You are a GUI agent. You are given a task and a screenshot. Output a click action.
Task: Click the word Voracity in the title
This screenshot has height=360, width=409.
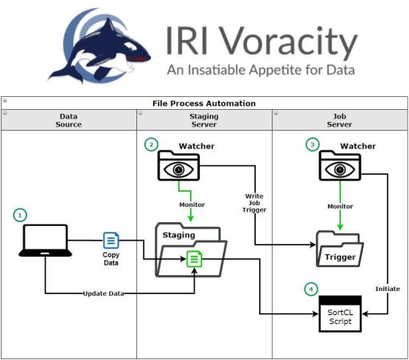290,42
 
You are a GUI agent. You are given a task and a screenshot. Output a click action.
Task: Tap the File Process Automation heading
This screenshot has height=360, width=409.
204,103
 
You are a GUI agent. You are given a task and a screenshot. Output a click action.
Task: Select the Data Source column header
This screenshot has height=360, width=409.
69,120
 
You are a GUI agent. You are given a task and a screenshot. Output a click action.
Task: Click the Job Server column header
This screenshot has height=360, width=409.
339,120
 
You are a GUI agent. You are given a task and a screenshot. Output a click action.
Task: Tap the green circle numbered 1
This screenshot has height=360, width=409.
20,215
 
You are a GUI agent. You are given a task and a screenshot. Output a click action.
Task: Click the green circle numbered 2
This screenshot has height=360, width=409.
152,144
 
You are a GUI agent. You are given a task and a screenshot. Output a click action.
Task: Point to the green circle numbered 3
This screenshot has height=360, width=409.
313,144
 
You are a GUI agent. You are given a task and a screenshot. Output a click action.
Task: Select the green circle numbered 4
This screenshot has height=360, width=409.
311,289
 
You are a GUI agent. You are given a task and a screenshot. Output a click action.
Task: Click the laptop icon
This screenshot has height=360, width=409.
46,241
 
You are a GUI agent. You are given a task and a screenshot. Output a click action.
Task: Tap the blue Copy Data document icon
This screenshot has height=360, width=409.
111,241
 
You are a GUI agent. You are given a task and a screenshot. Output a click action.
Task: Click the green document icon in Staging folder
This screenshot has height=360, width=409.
194,259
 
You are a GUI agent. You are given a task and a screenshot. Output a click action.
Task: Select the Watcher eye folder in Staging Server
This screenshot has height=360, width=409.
179,166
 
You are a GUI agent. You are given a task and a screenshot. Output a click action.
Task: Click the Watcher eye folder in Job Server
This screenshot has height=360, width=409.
340,166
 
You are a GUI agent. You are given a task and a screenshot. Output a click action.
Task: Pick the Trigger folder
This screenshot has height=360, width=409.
340,249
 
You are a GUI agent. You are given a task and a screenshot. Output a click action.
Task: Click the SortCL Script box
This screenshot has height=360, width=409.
340,313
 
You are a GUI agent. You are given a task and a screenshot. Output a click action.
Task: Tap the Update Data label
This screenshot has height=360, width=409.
103,293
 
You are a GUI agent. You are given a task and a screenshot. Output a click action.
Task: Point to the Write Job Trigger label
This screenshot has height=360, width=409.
254,203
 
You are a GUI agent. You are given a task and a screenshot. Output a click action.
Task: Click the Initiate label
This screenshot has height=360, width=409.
387,289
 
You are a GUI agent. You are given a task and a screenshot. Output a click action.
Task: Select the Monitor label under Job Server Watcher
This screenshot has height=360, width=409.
340,206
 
